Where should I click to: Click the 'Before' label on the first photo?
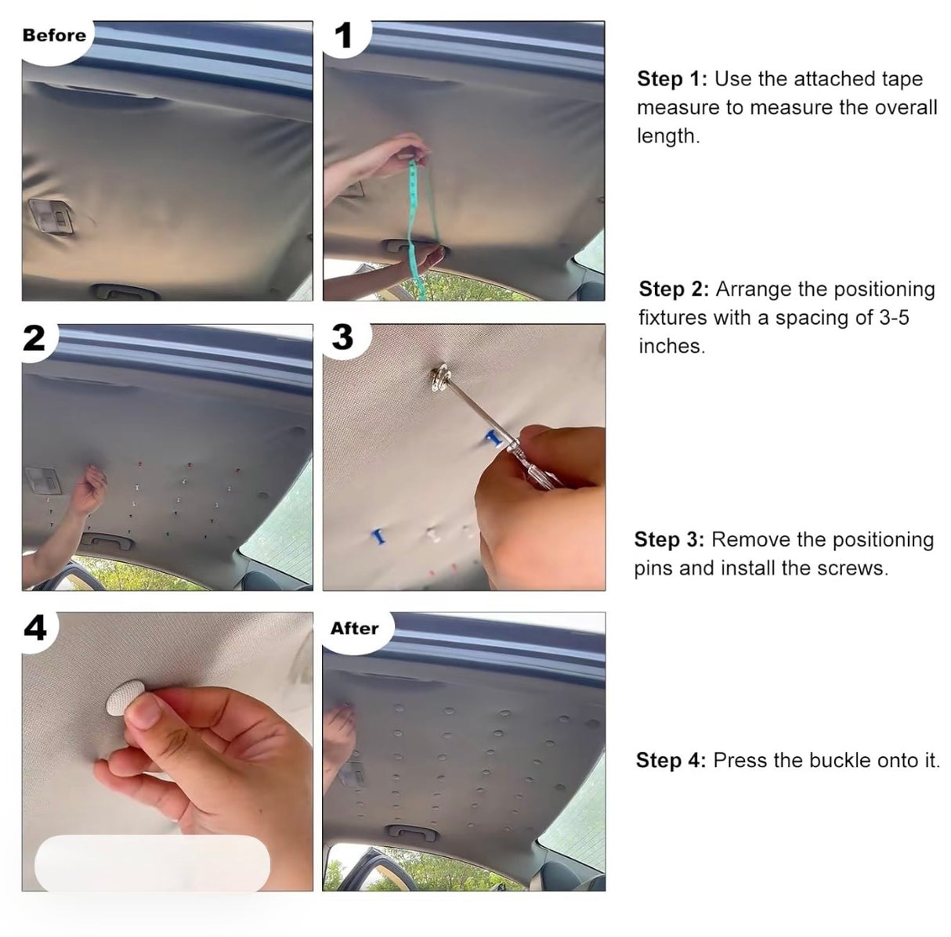point(54,35)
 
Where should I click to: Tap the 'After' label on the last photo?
point(354,629)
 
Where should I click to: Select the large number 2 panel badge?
point(34,339)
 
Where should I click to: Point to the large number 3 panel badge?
point(342,338)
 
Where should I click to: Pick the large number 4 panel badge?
point(35,628)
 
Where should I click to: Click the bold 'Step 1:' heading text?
point(672,79)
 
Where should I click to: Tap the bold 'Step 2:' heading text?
point(674,289)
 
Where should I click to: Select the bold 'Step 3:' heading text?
point(669,539)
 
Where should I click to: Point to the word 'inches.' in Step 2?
point(671,346)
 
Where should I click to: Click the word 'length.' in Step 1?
point(667,135)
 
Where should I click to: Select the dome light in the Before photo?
point(47,216)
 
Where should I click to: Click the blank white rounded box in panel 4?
point(152,863)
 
